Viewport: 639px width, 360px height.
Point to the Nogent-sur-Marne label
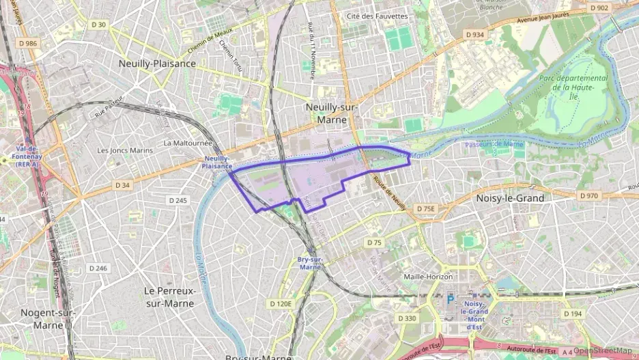[48, 318]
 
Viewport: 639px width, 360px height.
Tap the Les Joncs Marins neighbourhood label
[124, 150]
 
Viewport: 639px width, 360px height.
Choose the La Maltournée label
[188, 143]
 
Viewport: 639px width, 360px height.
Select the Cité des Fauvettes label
[377, 16]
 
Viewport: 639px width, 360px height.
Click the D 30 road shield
[98, 25]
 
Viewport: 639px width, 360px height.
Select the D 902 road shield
[598, 8]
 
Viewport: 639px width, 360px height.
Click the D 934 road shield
[474, 34]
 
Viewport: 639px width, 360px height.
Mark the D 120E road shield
[281, 303]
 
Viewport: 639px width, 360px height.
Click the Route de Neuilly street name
[389, 193]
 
